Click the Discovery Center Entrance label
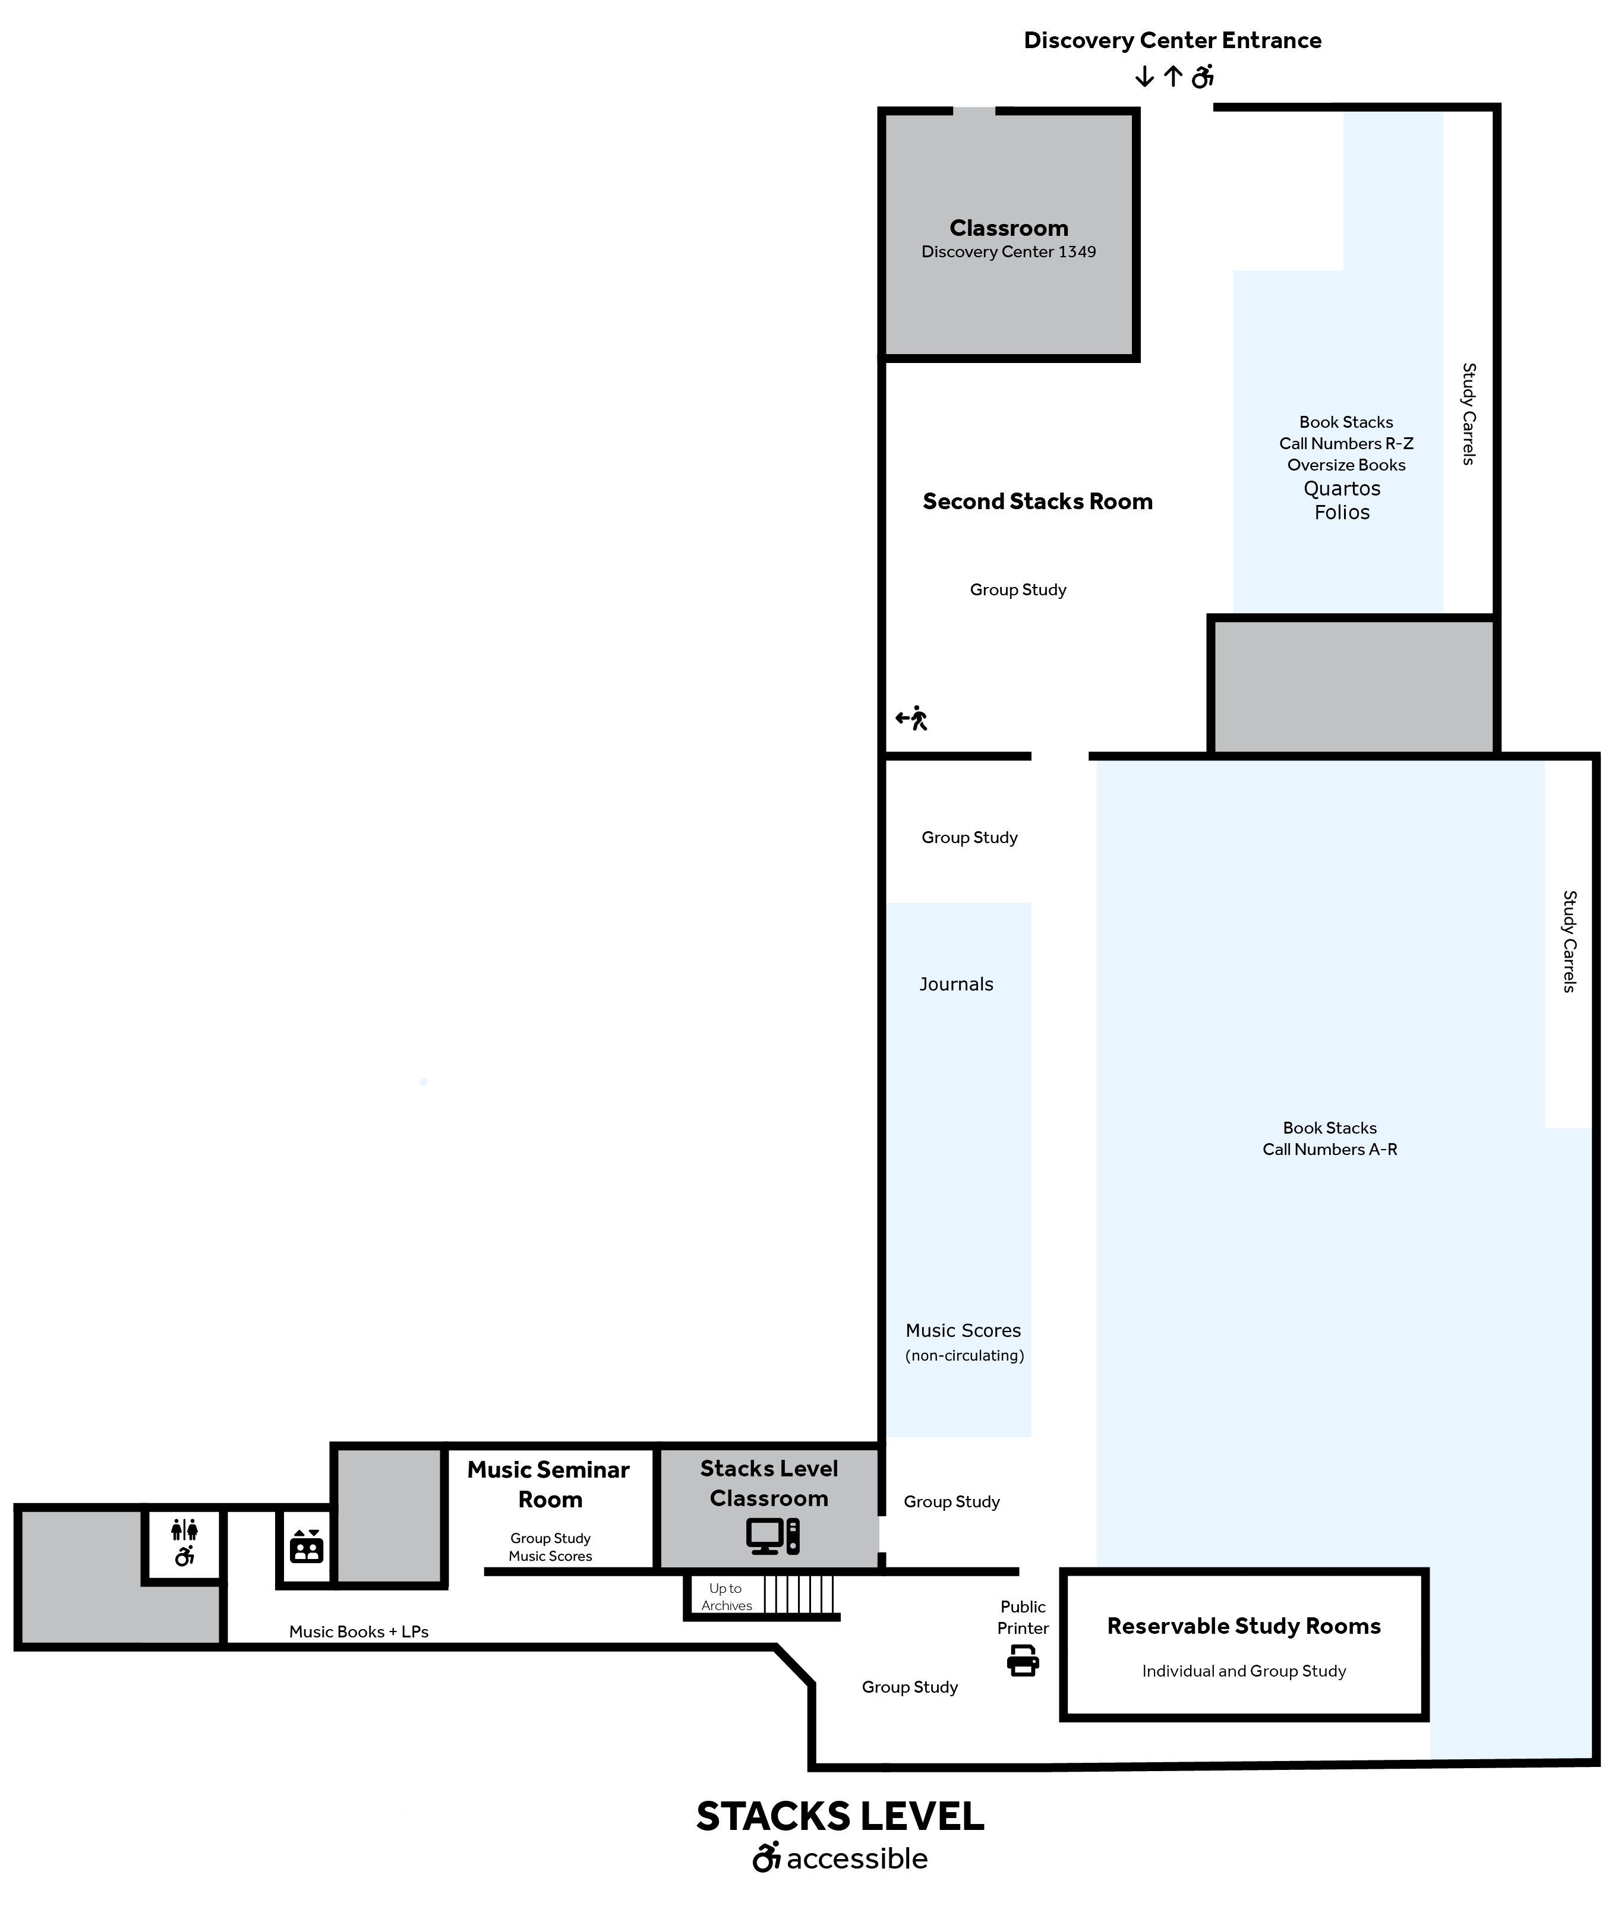[x=1172, y=40]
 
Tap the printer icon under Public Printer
[x=1023, y=1660]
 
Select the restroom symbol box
[x=184, y=1543]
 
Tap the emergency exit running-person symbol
[x=911, y=718]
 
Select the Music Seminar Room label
[x=548, y=1484]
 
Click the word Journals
[x=957, y=983]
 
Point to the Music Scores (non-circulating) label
[x=964, y=1342]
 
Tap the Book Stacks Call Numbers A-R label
[x=1330, y=1138]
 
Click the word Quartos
[x=1342, y=488]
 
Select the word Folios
[x=1342, y=512]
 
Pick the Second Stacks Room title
[x=1037, y=501]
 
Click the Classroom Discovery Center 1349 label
[x=1009, y=238]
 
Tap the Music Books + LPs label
[x=358, y=1631]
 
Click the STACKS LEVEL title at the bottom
[x=840, y=1816]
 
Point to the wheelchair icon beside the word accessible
[x=766, y=1857]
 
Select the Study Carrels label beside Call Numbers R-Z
[x=1469, y=414]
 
